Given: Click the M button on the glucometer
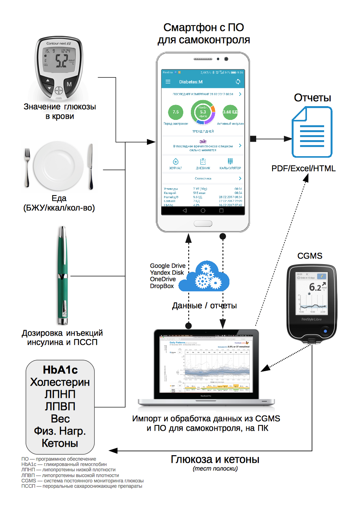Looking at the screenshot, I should pos(69,84).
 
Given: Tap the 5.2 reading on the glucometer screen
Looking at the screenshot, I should pos(61,60).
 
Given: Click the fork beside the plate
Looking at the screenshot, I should pos(27,167).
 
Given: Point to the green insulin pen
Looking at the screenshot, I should pos(62,275).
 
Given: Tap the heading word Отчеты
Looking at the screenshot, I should pos(312,98).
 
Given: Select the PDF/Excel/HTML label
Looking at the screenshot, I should pos(303,168).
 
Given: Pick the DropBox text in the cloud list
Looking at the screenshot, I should pos(162,286).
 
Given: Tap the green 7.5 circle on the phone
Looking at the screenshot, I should pos(176,112).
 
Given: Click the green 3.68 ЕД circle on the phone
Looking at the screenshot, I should pos(230,112).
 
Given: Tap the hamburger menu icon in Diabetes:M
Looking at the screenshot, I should pos(168,82).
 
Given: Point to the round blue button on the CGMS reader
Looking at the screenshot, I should pos(325,331).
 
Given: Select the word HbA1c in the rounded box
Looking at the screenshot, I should pos(60,370).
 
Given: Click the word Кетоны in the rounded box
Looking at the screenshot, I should pos(60,443).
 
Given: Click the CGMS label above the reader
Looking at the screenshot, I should pos(310,256).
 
